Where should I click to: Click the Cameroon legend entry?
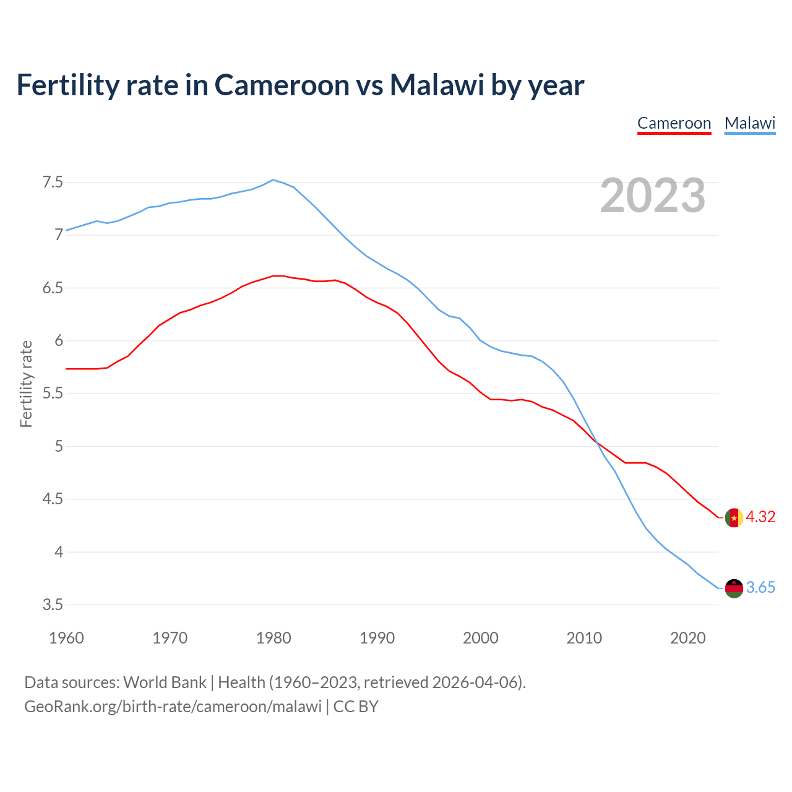(674, 123)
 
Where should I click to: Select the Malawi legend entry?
(750, 123)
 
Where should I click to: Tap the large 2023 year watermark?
(653, 196)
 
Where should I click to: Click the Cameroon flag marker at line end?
(734, 517)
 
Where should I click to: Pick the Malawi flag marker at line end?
(734, 588)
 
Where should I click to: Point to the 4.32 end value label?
(760, 517)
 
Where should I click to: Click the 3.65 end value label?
(760, 588)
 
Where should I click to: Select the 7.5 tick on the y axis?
(53, 183)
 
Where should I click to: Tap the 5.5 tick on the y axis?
(53, 394)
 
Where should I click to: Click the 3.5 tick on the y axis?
(53, 605)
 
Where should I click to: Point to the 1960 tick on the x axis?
(66, 638)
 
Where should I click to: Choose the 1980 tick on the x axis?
(273, 638)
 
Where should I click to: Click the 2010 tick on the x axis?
(584, 638)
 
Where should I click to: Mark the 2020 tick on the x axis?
(687, 638)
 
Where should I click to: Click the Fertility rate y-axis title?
(26, 384)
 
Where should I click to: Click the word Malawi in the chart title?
(436, 85)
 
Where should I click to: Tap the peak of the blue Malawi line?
(273, 180)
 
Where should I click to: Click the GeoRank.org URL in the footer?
(173, 707)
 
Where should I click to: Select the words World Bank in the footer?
(165, 682)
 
